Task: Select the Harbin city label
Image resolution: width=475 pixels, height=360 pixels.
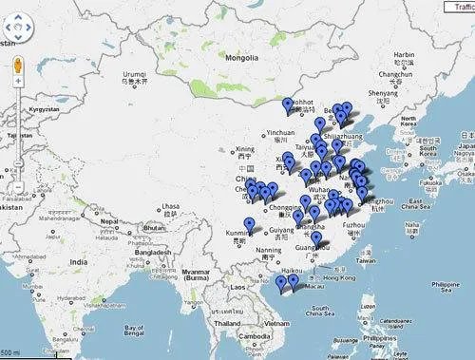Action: (404, 55)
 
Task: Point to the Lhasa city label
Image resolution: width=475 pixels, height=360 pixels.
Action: (170, 206)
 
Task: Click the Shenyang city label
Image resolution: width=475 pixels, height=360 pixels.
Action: (384, 93)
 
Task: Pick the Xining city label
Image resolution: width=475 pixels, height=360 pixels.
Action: (246, 149)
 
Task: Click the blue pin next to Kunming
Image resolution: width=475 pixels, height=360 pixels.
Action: (250, 224)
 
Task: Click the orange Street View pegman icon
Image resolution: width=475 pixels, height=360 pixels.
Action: (17, 66)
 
